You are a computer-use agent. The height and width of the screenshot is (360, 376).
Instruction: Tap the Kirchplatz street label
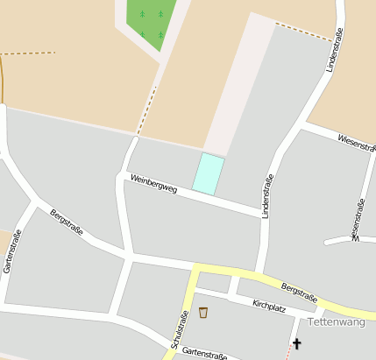269,304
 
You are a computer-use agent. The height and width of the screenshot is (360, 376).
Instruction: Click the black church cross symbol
296,343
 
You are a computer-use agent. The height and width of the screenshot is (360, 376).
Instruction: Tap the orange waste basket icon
203,312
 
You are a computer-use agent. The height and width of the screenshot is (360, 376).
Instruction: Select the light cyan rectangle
208,173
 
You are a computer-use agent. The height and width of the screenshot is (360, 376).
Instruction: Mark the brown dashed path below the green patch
146,110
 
